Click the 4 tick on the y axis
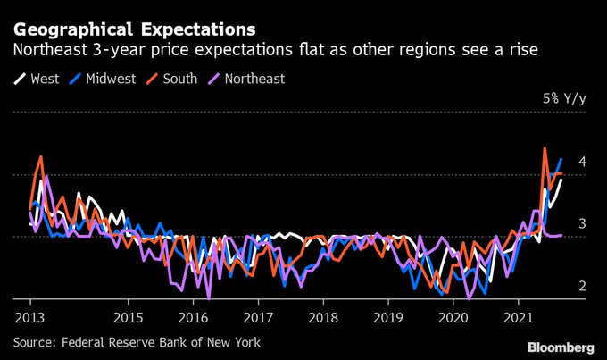(581, 162)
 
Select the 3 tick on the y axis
(581, 223)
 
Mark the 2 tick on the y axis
(581, 286)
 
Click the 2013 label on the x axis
(30, 317)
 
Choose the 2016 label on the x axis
(193, 317)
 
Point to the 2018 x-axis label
(323, 317)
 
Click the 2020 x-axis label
(453, 317)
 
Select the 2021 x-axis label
(518, 317)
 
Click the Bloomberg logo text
(560, 346)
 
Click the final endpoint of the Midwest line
(561, 160)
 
